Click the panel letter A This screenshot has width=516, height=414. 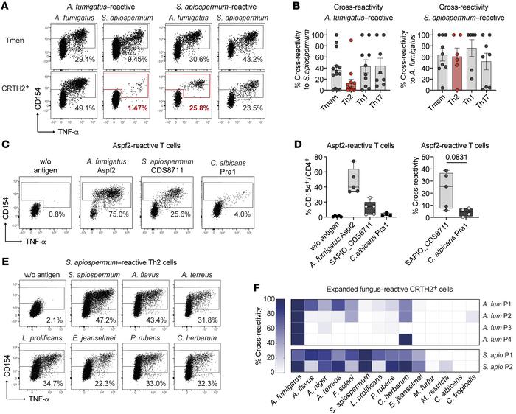6,6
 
